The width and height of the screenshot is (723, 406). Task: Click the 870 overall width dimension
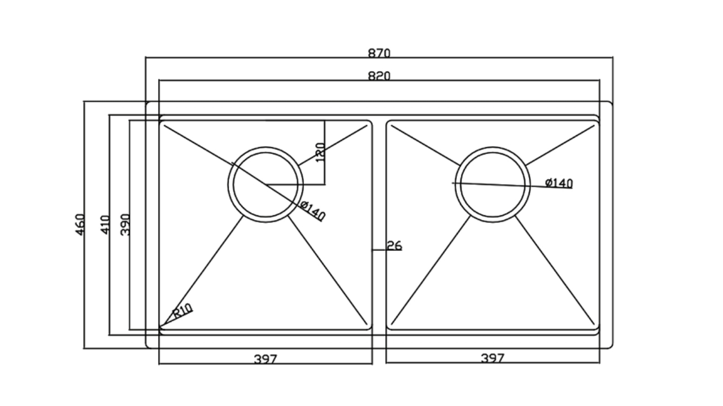[379, 53]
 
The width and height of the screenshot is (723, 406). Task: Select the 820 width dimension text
[379, 76]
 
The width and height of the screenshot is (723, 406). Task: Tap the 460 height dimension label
[80, 224]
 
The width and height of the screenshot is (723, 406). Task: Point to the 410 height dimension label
[105, 224]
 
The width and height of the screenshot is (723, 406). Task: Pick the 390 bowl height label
[125, 224]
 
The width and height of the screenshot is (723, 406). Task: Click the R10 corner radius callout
[182, 311]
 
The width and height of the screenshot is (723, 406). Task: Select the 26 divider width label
[394, 246]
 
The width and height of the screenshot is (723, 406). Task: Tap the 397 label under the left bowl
[265, 359]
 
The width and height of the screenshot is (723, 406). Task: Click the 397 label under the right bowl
[493, 358]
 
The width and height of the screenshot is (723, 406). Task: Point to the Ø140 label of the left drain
[312, 211]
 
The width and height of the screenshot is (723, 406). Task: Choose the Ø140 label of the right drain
[559, 183]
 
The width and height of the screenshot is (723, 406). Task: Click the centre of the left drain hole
[265, 184]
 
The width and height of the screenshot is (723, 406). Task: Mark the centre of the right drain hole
[493, 184]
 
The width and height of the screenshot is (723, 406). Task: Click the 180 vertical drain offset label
[320, 153]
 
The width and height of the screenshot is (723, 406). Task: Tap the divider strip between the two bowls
[379, 226]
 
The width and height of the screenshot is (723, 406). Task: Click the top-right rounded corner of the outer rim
[611, 103]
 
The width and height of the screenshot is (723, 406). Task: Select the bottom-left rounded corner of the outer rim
[148, 346]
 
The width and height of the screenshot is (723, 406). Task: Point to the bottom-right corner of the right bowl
[598, 328]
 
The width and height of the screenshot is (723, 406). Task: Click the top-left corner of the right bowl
[388, 123]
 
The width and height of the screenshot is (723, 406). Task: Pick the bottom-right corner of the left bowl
[370, 328]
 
